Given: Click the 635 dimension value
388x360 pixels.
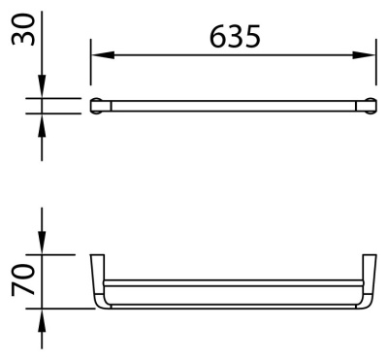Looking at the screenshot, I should [x=234, y=38].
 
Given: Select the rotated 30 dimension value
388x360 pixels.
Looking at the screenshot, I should [x=19, y=29].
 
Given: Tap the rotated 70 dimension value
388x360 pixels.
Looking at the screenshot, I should [x=19, y=281].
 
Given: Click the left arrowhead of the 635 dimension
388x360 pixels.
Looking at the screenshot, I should [x=98, y=55].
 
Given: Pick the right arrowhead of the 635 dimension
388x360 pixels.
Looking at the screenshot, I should [x=369, y=55].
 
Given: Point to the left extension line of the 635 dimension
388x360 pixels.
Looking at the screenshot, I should [x=91, y=68].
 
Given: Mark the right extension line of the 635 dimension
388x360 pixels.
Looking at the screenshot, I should [x=375, y=68].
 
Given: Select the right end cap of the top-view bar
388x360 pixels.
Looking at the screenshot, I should [x=370, y=105].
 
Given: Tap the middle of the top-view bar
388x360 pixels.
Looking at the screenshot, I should [x=233, y=105].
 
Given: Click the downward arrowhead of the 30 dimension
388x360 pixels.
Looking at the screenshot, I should [x=42, y=91].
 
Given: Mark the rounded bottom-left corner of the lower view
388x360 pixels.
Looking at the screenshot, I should [x=99, y=303].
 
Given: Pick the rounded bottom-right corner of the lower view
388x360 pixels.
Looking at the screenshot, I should [x=367, y=303].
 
